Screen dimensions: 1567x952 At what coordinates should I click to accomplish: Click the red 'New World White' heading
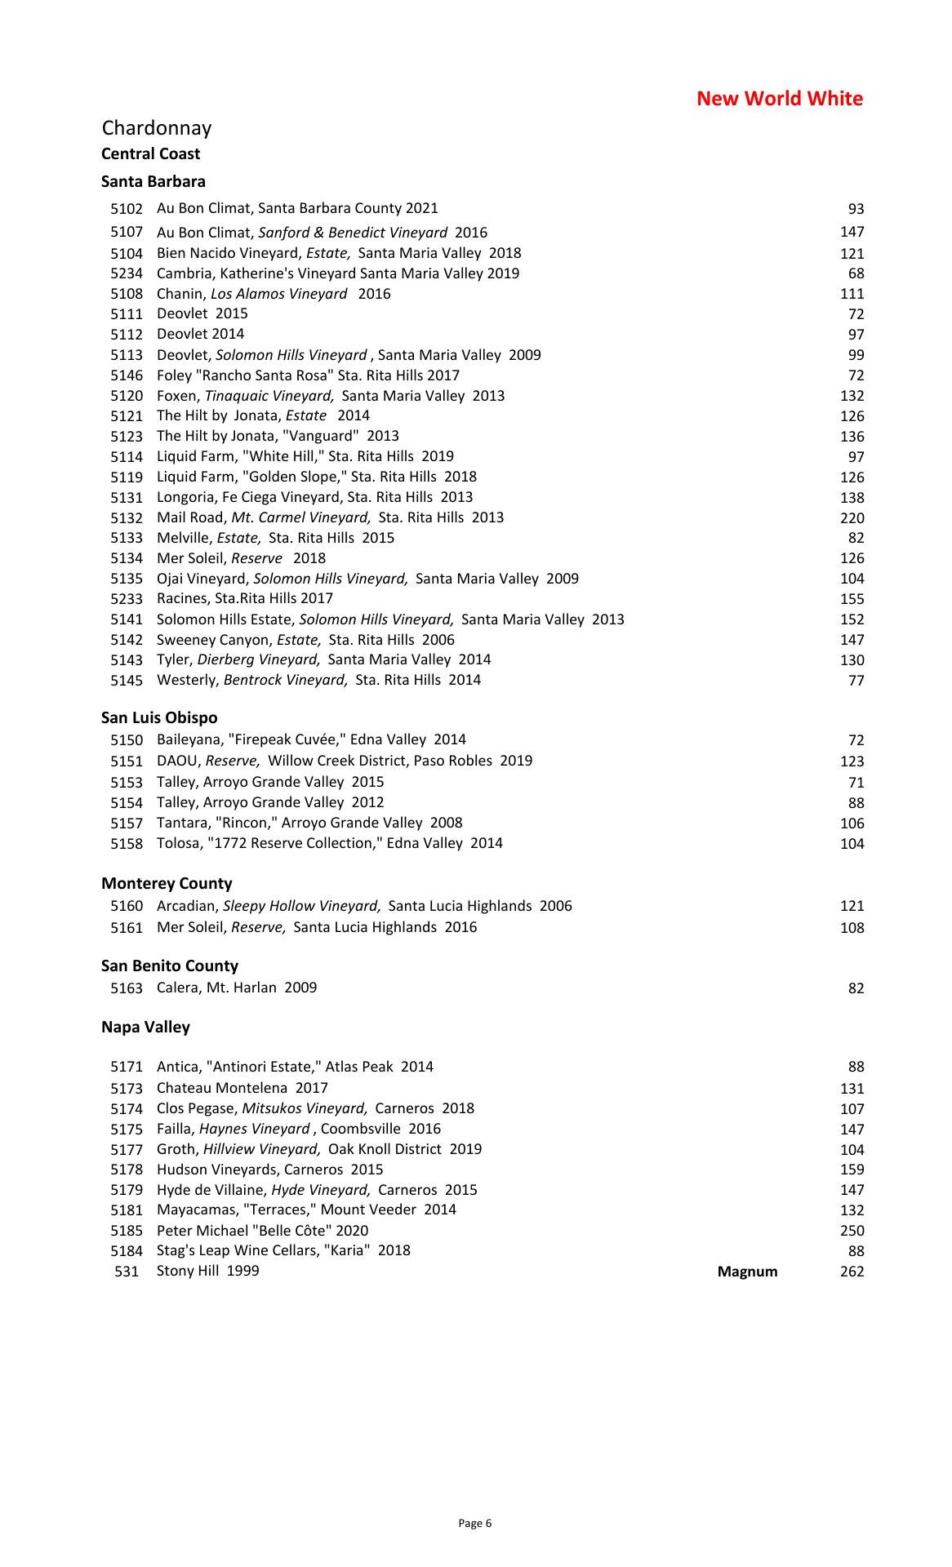[779, 99]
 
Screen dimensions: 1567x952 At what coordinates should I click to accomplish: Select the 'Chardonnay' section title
[157, 128]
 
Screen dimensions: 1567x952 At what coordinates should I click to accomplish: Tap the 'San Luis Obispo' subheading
[159, 718]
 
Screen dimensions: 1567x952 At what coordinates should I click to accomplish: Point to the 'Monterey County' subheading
[167, 883]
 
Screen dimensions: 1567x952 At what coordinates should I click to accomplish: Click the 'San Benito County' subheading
[170, 966]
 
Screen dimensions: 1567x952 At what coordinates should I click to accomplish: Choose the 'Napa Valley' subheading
[145, 1028]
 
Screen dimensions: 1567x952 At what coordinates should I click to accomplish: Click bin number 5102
[127, 209]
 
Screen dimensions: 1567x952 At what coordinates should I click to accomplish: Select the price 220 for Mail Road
[852, 518]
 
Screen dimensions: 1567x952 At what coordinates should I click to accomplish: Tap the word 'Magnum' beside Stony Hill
[747, 1272]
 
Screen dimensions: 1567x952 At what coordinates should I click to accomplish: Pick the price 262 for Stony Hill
[852, 1272]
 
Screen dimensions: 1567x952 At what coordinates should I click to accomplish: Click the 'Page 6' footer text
[475, 1523]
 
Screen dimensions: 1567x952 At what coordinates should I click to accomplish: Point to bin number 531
[127, 1272]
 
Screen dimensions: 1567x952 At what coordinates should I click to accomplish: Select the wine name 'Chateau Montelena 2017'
[242, 1088]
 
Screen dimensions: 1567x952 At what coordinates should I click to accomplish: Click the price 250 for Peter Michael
[852, 1231]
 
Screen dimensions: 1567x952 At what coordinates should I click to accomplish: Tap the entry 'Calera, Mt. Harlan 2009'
[237, 988]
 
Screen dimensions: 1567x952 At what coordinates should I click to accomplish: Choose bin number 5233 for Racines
[127, 599]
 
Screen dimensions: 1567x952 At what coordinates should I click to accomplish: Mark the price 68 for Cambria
[856, 273]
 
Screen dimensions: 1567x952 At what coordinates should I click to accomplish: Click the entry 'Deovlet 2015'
[202, 313]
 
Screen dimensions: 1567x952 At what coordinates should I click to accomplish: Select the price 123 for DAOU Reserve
[852, 761]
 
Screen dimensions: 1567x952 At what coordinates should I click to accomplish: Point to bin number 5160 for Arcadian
[127, 906]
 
